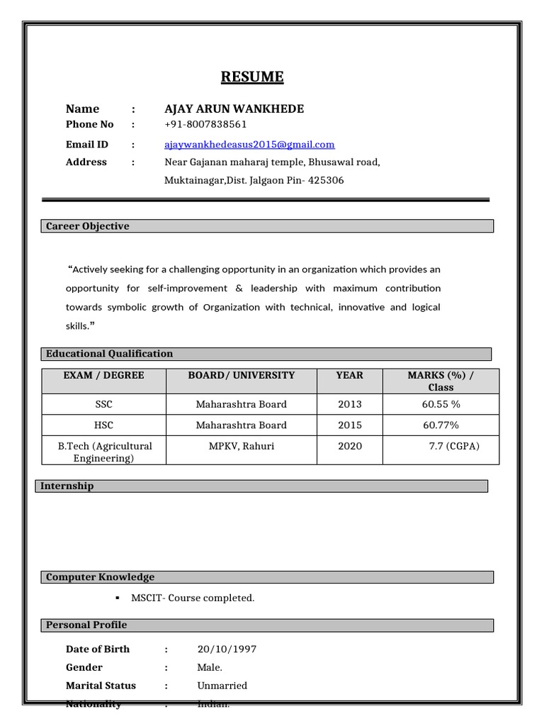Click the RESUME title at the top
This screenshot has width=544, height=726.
click(252, 77)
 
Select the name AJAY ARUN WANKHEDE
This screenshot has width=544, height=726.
click(234, 108)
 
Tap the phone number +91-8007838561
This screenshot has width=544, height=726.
click(205, 125)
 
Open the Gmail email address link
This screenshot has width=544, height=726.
click(249, 145)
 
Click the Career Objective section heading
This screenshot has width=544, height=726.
click(88, 226)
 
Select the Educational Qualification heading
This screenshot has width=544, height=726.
click(109, 354)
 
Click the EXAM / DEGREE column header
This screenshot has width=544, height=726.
click(103, 375)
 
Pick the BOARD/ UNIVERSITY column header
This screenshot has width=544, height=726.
click(242, 375)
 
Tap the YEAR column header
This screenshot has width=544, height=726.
click(350, 375)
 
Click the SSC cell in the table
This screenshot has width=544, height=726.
click(103, 404)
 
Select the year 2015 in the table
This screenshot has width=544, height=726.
click(350, 425)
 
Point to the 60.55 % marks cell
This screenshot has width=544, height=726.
click(441, 404)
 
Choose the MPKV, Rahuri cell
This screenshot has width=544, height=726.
click(242, 447)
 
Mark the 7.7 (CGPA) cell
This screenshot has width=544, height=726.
click(454, 447)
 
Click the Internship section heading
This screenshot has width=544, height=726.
click(67, 486)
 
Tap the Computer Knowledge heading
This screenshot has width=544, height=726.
click(100, 577)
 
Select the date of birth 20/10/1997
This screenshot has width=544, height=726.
click(227, 649)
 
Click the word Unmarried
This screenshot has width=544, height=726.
click(222, 686)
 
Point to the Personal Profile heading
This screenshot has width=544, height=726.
click(86, 625)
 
